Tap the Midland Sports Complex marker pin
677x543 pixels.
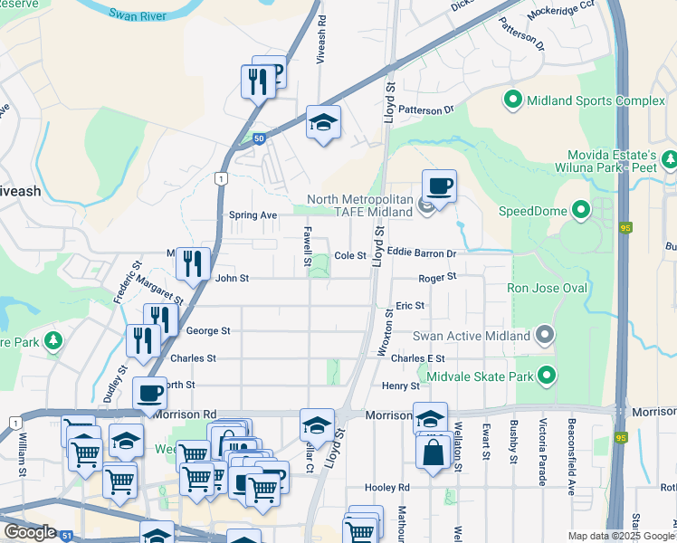pyautogui.click(x=513, y=100)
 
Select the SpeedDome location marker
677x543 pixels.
pyautogui.click(x=579, y=211)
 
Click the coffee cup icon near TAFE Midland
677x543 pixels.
pyautogui.click(x=439, y=186)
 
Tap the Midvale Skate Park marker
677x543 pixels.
pyautogui.click(x=546, y=374)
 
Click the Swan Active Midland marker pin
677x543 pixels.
pyautogui.click(x=544, y=336)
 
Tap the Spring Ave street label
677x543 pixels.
pyautogui.click(x=253, y=215)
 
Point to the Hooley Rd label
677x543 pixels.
pyautogui.click(x=387, y=487)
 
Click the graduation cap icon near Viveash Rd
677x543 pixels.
pyautogui.click(x=322, y=122)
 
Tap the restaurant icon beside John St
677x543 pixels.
pyautogui.click(x=193, y=263)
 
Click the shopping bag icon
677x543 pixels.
pyautogui.click(x=434, y=449)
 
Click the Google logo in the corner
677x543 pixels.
pyautogui.click(x=29, y=531)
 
